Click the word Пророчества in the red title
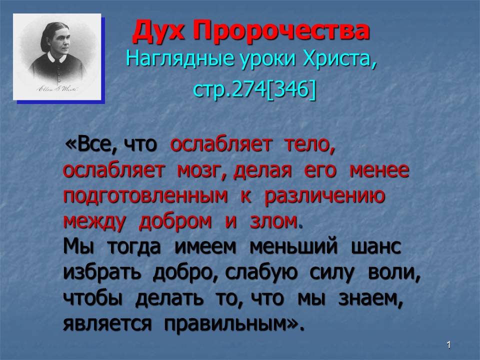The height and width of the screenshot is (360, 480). pyautogui.click(x=281, y=30)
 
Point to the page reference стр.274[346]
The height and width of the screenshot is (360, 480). pyautogui.click(x=254, y=89)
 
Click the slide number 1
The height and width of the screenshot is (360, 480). pyautogui.click(x=448, y=345)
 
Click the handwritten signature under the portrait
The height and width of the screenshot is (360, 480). pyautogui.click(x=57, y=89)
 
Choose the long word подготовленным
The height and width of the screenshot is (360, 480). pyautogui.click(x=145, y=196)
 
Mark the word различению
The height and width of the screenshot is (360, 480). pyautogui.click(x=324, y=196)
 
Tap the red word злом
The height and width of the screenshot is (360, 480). pyautogui.click(x=273, y=221)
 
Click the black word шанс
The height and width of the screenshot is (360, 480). pyautogui.click(x=376, y=246)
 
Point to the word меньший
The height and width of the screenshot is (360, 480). pyautogui.click(x=293, y=246)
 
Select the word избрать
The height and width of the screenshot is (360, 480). pyautogui.click(x=102, y=271)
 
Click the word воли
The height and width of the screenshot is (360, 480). pyautogui.click(x=394, y=272)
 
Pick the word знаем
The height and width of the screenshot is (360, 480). pyautogui.click(x=370, y=298)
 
